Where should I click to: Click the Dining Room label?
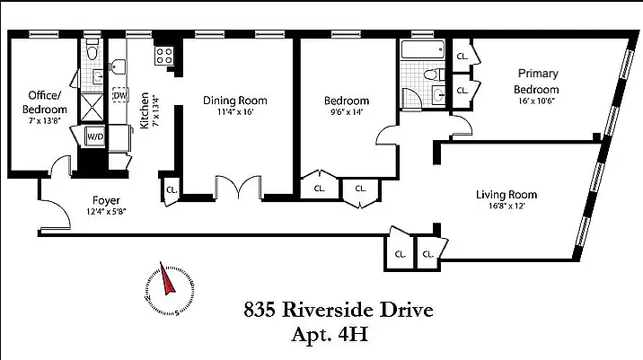[x=235, y=101]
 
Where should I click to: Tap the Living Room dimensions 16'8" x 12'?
[x=506, y=206]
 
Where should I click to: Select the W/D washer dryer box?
[x=94, y=136]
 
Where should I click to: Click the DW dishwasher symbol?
[x=120, y=95]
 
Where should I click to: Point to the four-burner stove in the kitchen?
[x=164, y=56]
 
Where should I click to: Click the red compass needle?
[x=167, y=279]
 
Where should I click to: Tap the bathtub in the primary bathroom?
[x=422, y=49]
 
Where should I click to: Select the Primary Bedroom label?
[x=537, y=81]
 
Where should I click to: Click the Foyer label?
[x=106, y=200]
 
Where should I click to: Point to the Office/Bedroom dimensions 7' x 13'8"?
[x=45, y=121]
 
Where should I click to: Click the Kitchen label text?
[x=145, y=110]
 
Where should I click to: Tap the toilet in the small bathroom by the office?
[x=92, y=49]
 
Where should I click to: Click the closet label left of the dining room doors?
[x=172, y=189]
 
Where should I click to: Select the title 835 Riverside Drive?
[x=339, y=310]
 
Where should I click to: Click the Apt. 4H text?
[x=330, y=334]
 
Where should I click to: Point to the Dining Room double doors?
[x=238, y=188]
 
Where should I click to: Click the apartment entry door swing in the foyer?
[x=56, y=215]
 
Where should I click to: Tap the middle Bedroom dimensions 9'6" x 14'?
[x=347, y=112]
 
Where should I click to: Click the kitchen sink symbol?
[x=119, y=67]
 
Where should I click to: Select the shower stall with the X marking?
[x=92, y=108]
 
